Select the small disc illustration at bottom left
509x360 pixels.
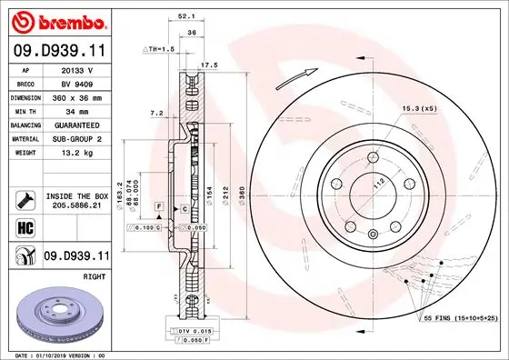[57, 314]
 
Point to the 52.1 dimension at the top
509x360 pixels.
[187, 16]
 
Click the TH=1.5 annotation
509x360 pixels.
[159, 48]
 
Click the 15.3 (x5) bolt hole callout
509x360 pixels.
[418, 110]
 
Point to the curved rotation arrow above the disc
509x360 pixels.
[308, 73]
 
